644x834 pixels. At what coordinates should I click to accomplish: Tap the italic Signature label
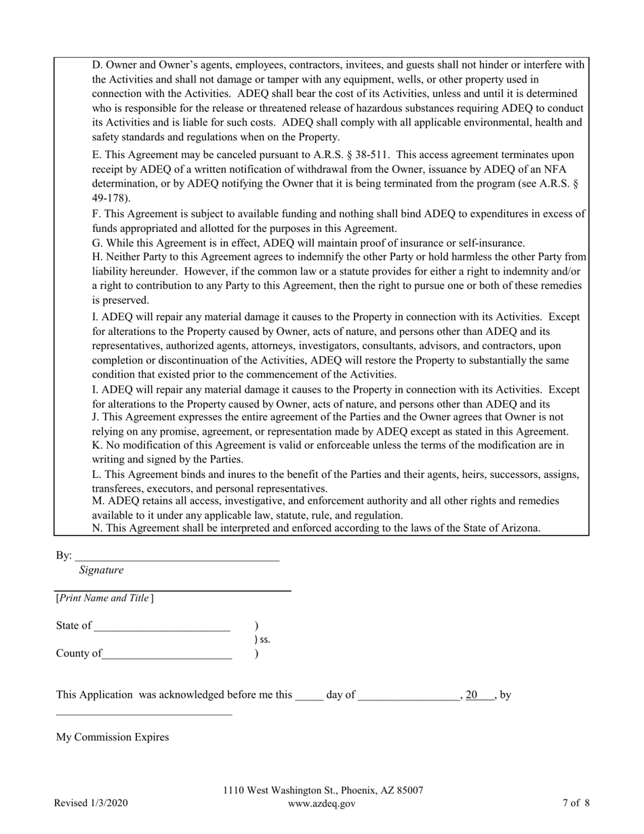[101, 570]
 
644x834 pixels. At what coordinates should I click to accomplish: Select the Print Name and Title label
[104, 598]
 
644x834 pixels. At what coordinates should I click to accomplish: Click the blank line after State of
[163, 629]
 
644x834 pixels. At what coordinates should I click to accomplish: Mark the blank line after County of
[167, 657]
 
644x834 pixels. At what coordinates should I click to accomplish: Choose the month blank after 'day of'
[409, 698]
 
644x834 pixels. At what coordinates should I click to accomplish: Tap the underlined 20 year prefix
[472, 694]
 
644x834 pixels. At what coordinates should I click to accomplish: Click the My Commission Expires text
[113, 737]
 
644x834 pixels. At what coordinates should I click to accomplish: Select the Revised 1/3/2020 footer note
[91, 803]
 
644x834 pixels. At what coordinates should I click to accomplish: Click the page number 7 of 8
[576, 803]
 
